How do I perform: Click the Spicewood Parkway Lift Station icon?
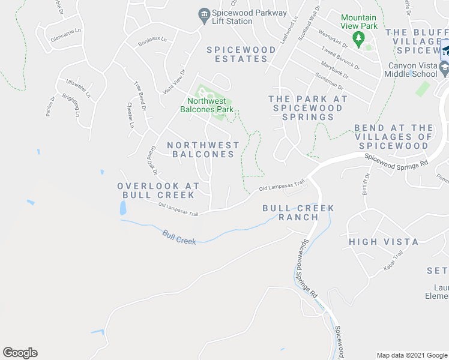point(203,14)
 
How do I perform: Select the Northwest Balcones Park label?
point(206,105)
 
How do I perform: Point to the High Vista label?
point(384,242)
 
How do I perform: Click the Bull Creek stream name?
point(179,237)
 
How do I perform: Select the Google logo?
point(20,353)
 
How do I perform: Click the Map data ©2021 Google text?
point(411,355)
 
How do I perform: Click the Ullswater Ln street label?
point(78,89)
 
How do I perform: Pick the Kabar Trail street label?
point(392,263)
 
